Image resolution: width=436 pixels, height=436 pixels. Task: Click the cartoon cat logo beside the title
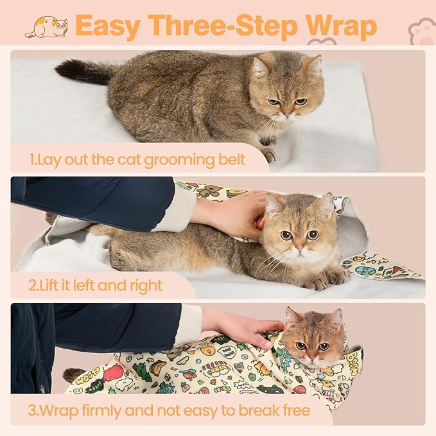pyautogui.click(x=46, y=27)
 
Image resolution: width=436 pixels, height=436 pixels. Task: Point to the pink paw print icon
pyautogui.click(x=423, y=30)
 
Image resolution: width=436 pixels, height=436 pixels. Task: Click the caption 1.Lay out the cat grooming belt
pyautogui.click(x=137, y=158)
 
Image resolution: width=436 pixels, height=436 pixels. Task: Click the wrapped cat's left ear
pyautogui.click(x=293, y=317)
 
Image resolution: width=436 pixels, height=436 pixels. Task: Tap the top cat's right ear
pyautogui.click(x=313, y=64)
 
